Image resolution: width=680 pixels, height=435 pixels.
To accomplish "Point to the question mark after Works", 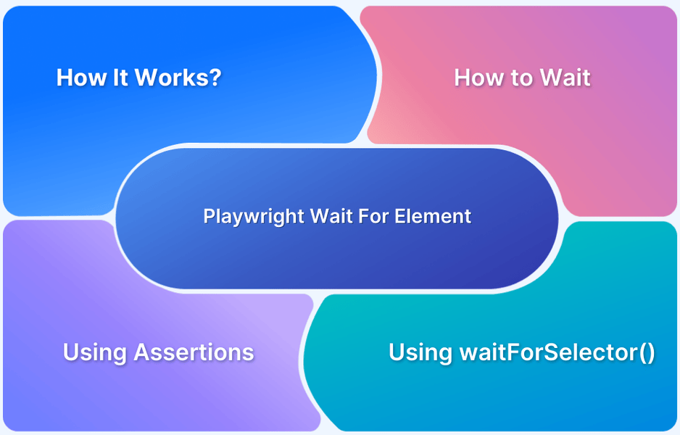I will [x=215, y=78].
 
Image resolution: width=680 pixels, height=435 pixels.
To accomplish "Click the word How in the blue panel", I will [x=80, y=78].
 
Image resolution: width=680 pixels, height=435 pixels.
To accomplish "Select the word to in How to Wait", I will [x=519, y=78].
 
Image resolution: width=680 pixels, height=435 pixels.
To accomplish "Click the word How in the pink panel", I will [x=478, y=78].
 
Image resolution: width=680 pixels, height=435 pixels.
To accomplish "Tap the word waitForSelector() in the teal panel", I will [x=557, y=352].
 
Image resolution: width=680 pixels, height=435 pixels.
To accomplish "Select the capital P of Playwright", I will [x=208, y=216].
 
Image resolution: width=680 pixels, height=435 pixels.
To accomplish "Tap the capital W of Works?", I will [x=149, y=78].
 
